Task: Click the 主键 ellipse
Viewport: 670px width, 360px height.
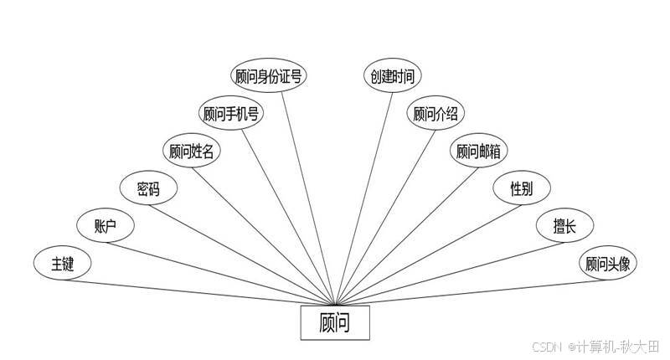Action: tap(62, 265)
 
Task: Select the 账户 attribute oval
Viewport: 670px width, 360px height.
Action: tap(105, 227)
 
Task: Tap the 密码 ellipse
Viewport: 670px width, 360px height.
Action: tap(148, 188)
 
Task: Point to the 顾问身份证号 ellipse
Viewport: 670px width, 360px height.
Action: tap(269, 75)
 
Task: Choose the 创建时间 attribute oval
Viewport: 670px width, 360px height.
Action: tap(391, 75)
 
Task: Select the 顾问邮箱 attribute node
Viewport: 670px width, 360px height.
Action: tap(480, 152)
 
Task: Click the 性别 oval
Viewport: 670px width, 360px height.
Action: tap(521, 188)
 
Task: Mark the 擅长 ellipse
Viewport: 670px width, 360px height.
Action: tap(563, 227)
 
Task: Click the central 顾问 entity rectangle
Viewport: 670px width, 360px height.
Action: tap(334, 323)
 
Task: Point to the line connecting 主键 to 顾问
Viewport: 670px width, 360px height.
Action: tap(201, 291)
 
